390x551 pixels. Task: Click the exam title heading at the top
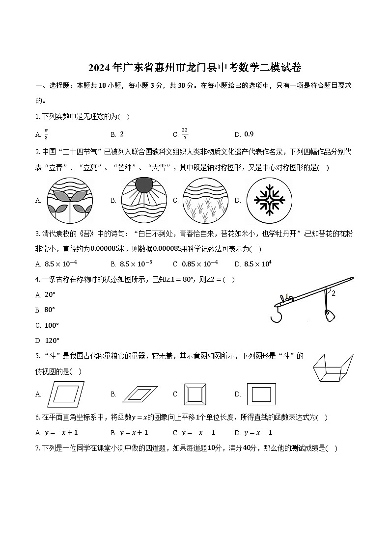click(x=195, y=67)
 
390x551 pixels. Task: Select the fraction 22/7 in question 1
click(x=185, y=134)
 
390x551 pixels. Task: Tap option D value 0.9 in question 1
click(x=249, y=134)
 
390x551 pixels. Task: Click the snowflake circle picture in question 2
click(x=266, y=200)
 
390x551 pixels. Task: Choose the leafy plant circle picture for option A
click(x=69, y=200)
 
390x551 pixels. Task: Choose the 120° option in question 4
click(x=52, y=340)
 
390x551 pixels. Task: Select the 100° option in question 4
click(x=52, y=325)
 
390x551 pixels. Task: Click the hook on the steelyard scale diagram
click(x=278, y=314)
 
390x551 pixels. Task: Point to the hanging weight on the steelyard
click(x=328, y=315)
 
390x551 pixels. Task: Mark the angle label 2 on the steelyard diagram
click(x=334, y=293)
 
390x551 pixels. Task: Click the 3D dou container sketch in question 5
click(x=333, y=367)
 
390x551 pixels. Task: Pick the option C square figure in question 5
click(x=194, y=394)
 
